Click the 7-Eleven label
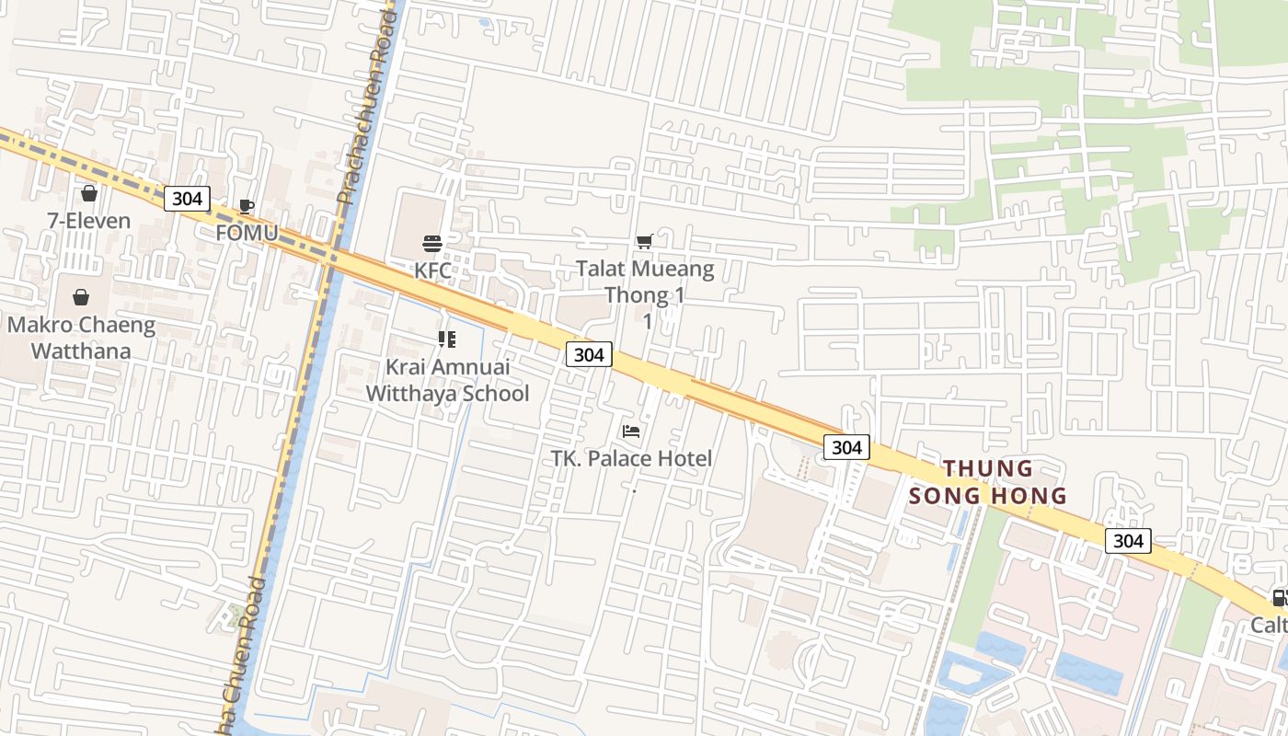[89, 221]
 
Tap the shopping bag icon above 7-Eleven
[89, 193]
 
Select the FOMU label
[247, 233]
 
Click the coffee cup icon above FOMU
[246, 206]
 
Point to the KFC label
[432, 270]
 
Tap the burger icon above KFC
[432, 244]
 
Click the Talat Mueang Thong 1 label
[646, 282]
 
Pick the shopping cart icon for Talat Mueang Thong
[645, 241]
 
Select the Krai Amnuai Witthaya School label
[447, 380]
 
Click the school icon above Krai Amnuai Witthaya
[447, 340]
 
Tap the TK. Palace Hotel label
[631, 458]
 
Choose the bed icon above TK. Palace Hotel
[631, 431]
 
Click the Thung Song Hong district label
[987, 482]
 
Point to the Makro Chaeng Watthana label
[81, 338]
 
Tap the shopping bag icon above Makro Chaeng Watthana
[81, 297]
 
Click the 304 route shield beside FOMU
[187, 198]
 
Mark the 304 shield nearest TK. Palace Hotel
[588, 354]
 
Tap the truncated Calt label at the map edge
[1269, 626]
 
